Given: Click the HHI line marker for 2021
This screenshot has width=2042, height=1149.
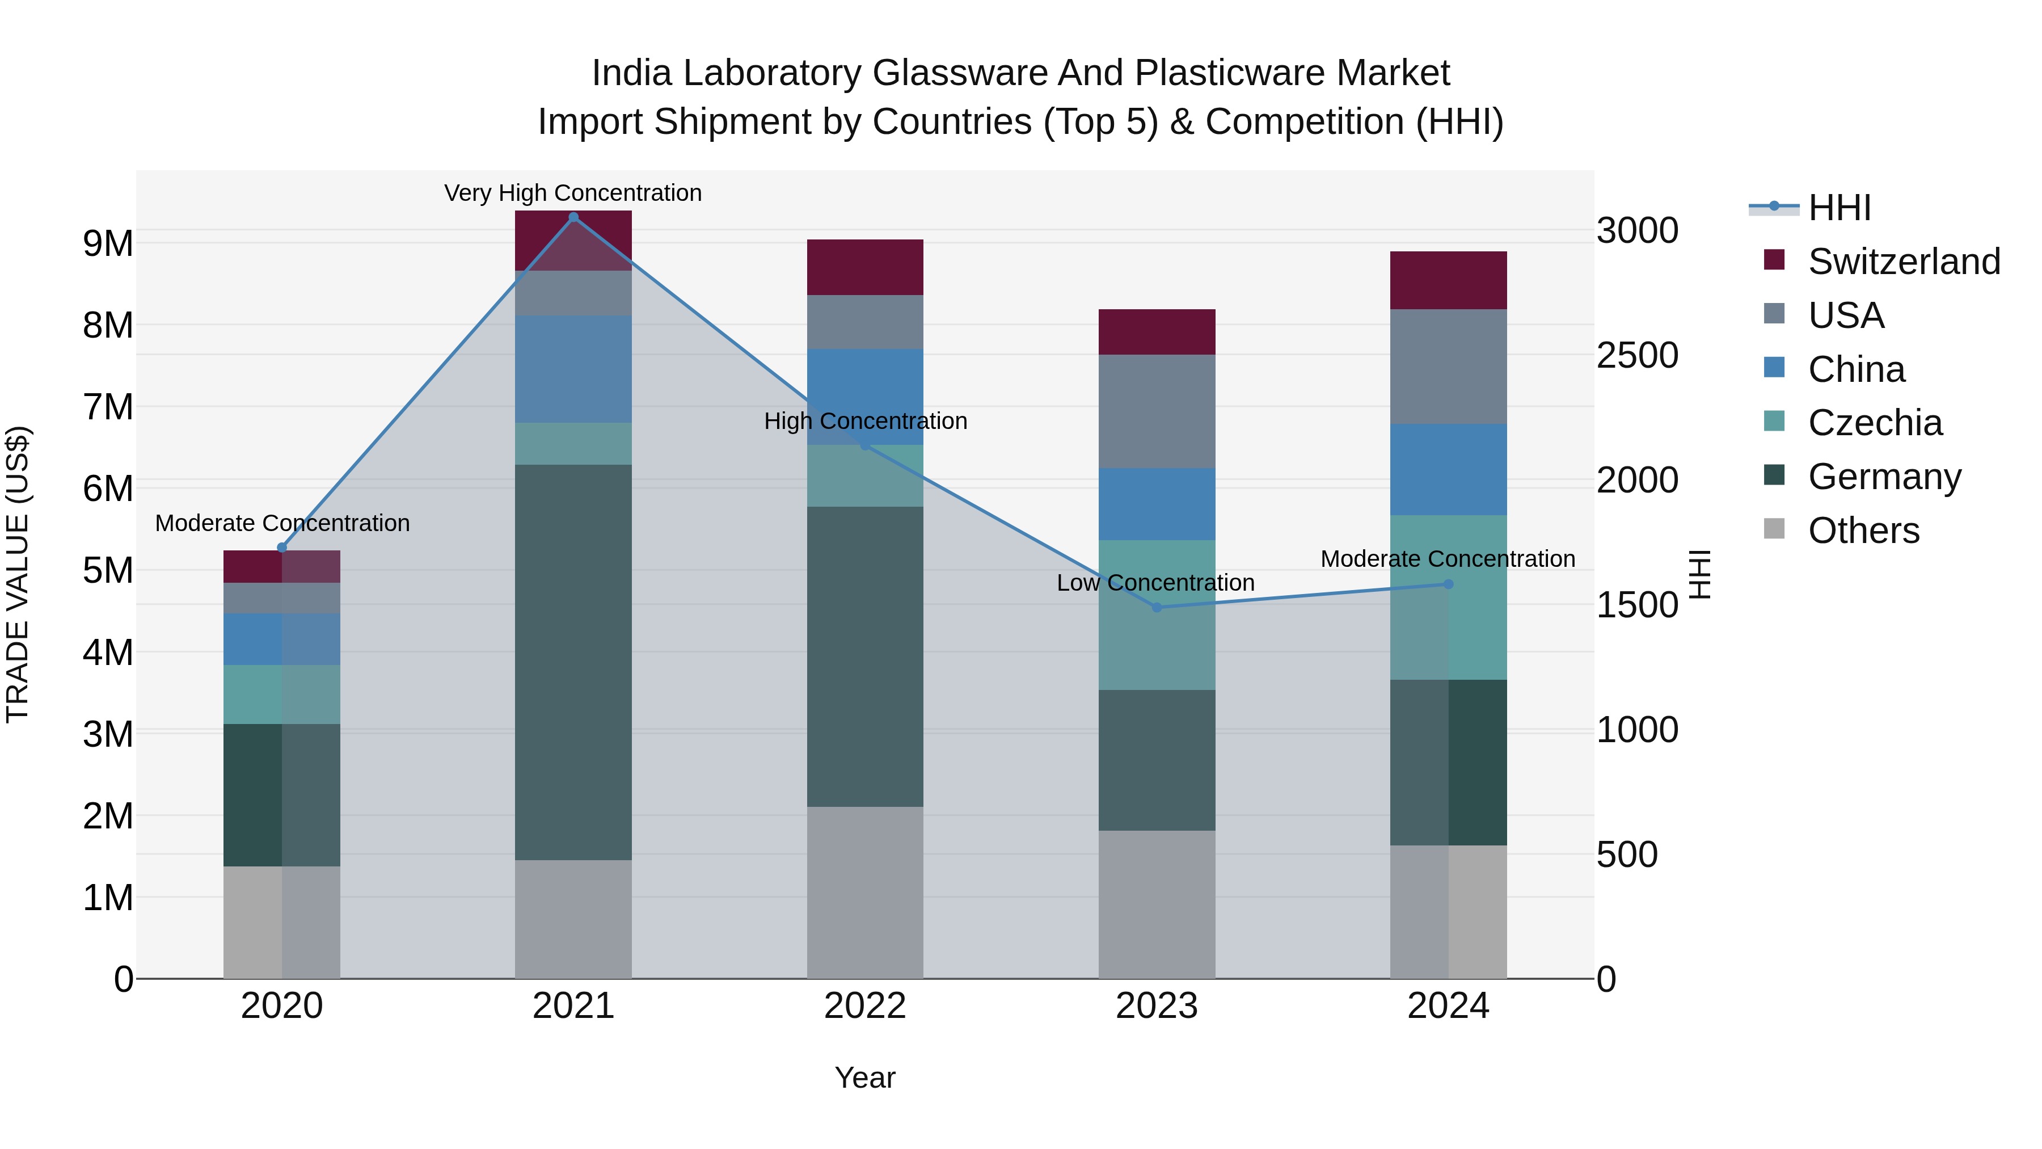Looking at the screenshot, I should [x=573, y=217].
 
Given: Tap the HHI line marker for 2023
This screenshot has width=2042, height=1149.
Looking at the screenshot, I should [x=1157, y=607].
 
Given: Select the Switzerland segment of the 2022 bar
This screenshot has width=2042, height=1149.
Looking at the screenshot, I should [x=865, y=267].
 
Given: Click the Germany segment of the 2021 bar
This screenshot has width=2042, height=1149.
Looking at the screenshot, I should [x=573, y=662].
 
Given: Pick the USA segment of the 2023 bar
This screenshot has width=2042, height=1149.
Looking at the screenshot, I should [x=1157, y=411].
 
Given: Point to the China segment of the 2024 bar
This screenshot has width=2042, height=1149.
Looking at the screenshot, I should [x=1448, y=469].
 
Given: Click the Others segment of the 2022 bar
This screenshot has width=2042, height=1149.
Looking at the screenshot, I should [x=865, y=892].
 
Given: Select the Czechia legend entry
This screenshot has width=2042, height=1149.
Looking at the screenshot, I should [x=1875, y=423].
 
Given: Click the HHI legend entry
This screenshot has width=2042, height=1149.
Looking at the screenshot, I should [x=1839, y=208].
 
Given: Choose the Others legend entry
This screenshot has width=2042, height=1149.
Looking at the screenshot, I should [x=1863, y=531].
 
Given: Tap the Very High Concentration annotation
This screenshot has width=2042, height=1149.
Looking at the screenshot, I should [x=572, y=193].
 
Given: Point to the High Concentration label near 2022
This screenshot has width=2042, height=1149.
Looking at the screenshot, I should [x=865, y=421].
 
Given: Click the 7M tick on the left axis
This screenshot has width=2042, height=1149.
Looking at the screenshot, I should [x=108, y=407].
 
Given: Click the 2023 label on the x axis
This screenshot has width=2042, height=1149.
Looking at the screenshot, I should [x=1157, y=1006].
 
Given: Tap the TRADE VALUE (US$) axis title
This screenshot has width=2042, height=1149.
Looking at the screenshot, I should [x=18, y=574].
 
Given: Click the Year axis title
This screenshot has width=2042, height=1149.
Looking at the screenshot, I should [x=865, y=1078].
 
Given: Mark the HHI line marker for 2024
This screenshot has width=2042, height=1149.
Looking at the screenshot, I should [x=1448, y=584].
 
